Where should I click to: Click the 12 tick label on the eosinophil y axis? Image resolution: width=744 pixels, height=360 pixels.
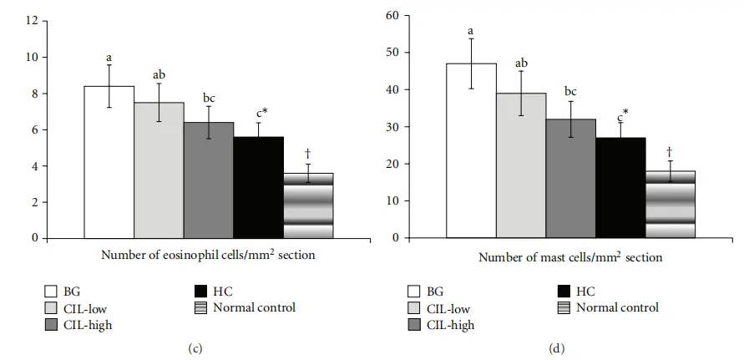[32, 20]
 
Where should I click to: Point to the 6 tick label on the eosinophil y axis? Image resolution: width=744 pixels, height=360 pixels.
[34, 129]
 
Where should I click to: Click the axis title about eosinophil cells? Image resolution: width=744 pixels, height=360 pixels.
[208, 255]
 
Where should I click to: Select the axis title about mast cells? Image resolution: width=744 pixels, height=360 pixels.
[570, 257]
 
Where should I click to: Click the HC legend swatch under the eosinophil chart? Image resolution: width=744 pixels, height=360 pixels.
[200, 292]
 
